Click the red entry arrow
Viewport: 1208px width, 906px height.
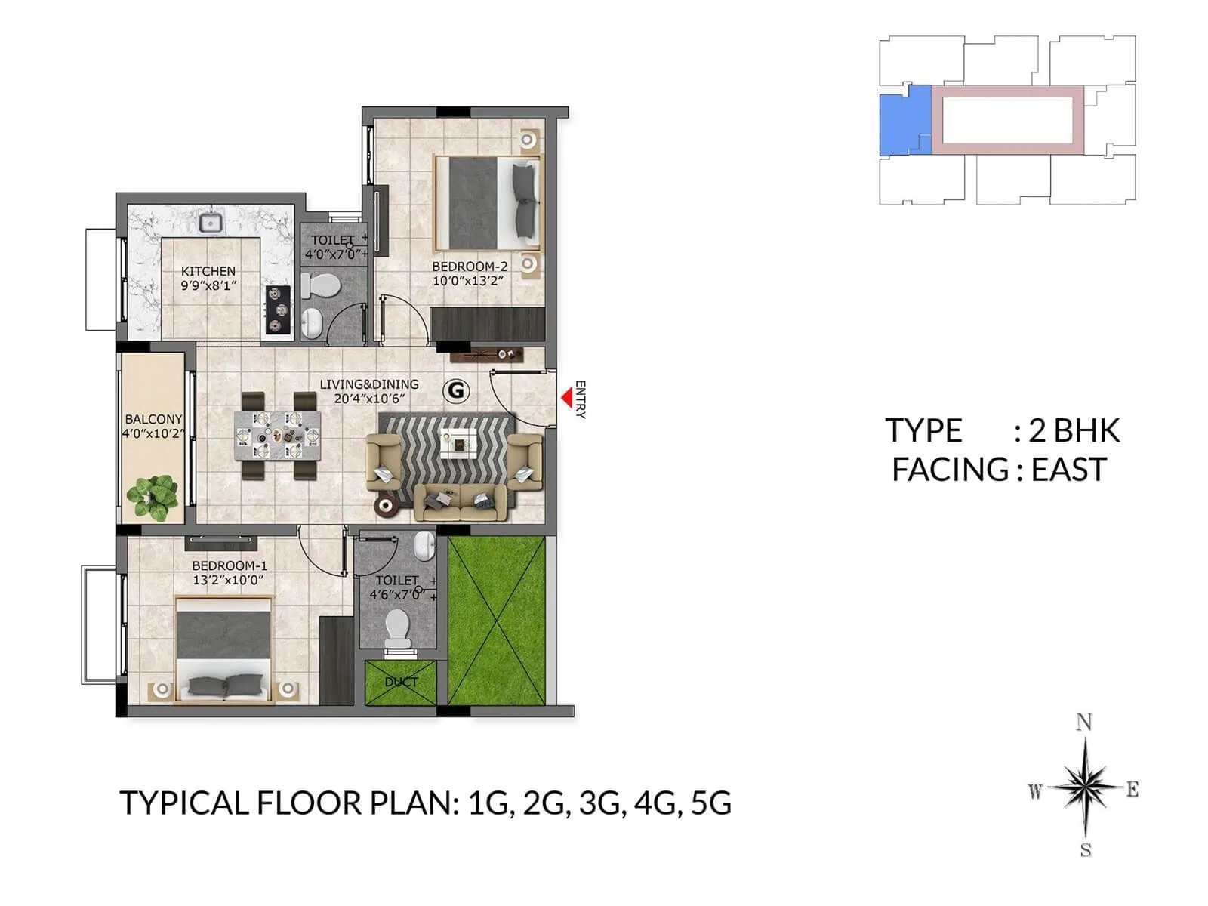point(566,397)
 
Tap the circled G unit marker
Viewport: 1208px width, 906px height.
point(456,390)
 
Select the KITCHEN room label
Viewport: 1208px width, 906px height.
point(208,271)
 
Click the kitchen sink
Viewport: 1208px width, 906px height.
point(210,222)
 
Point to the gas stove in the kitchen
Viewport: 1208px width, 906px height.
point(278,309)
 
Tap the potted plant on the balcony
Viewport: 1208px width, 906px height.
point(153,497)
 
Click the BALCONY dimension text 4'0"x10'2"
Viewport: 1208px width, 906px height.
point(153,433)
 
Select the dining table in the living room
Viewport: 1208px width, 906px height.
point(277,435)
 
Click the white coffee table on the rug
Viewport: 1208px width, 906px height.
point(458,443)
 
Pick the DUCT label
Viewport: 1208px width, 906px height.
point(401,682)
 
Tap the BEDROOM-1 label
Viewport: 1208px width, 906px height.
point(230,565)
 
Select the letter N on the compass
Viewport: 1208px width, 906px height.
point(1084,723)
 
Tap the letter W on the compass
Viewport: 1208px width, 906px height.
point(1035,791)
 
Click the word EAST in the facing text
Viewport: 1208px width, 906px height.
point(1068,470)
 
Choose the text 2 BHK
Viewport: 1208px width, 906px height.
point(1074,430)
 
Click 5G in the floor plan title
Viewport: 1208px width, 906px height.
point(710,803)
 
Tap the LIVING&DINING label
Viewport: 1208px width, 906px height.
point(368,384)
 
